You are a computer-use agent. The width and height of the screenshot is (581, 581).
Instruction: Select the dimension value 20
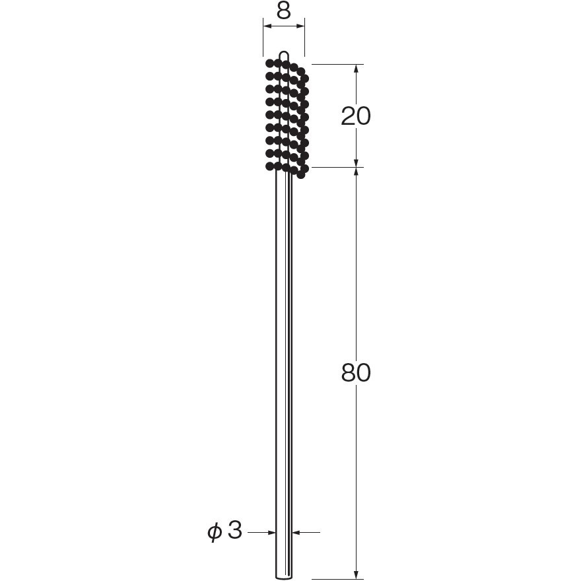point(355,116)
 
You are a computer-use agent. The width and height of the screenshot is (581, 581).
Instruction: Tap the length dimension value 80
point(356,372)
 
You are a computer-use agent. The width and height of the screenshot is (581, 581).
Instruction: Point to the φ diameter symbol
point(215,531)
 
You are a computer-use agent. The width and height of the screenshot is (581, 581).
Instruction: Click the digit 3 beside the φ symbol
point(235,530)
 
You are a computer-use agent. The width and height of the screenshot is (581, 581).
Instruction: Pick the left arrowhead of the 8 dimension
point(267,26)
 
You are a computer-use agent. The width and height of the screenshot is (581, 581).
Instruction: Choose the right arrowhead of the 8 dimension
point(300,26)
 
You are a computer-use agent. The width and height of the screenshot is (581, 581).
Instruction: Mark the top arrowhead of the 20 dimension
point(356,69)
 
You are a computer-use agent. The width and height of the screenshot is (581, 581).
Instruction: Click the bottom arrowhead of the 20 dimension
point(356,162)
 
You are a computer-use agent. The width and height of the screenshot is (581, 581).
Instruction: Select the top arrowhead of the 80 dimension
point(356,172)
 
